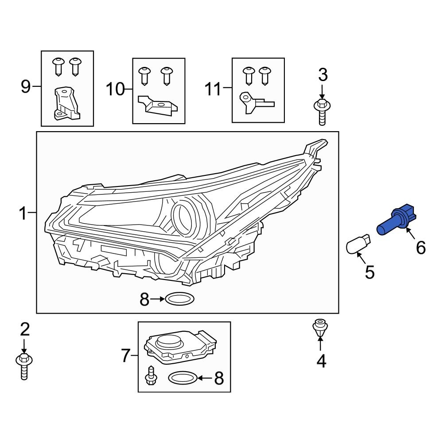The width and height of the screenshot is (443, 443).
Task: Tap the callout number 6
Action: click(420, 247)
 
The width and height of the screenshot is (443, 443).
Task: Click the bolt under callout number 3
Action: click(322, 111)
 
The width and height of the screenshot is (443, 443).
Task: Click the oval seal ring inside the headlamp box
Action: click(179, 299)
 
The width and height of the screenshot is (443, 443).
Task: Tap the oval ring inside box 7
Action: click(183, 378)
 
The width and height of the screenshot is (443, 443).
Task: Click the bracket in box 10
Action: click(157, 105)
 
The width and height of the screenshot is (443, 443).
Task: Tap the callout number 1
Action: click(23, 214)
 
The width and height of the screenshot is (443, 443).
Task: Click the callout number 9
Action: click(26, 86)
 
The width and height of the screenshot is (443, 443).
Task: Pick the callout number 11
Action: click(213, 89)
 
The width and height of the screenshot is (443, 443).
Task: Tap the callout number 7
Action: click(126, 355)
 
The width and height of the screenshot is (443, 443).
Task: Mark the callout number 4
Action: click(321, 361)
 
